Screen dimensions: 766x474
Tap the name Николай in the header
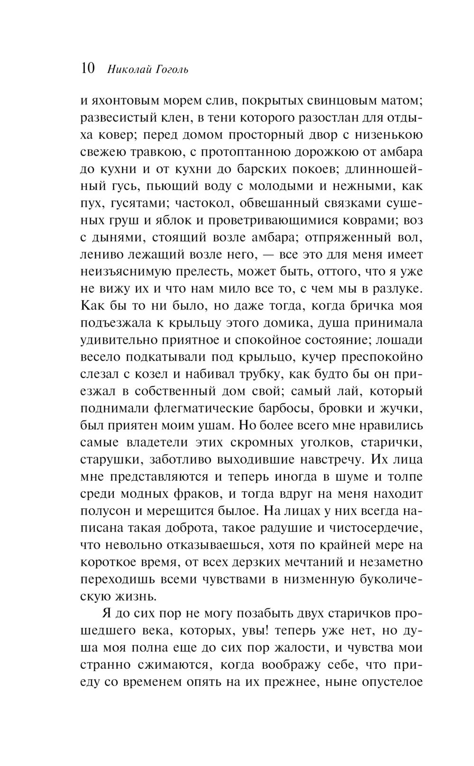128,69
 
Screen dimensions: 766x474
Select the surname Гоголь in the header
170,69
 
